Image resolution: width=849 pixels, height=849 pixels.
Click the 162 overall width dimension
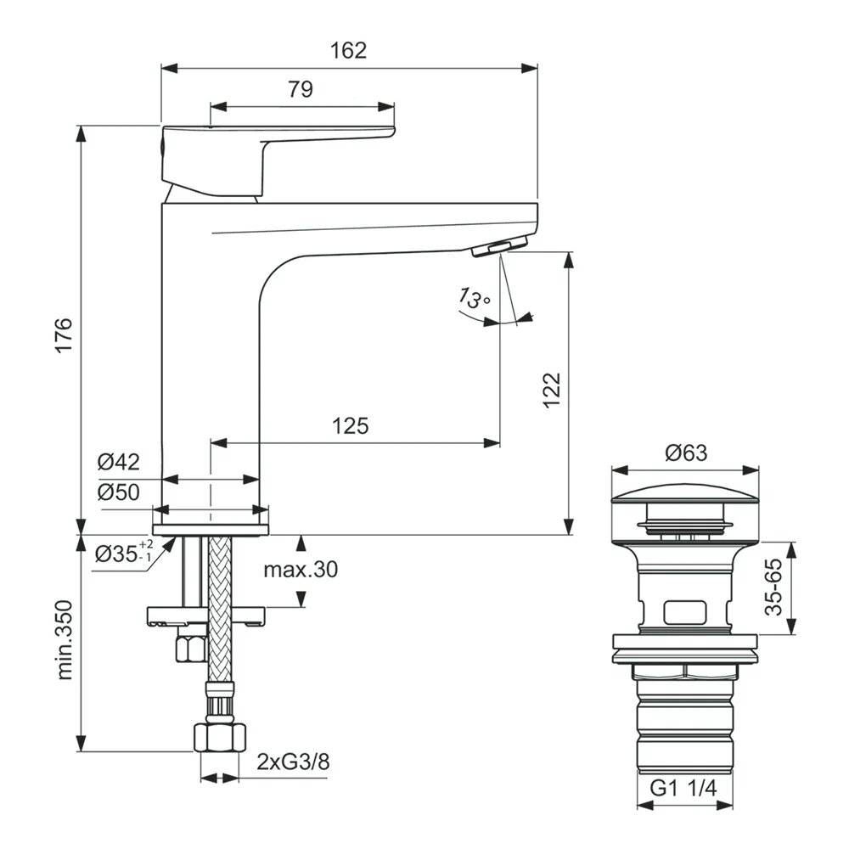pos(349,50)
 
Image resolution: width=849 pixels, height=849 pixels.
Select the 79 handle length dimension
pos(301,89)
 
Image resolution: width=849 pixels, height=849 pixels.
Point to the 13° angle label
pos(474,298)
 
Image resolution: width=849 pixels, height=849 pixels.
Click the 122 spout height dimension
pos(552,391)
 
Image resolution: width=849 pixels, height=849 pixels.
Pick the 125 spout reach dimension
pos(351,425)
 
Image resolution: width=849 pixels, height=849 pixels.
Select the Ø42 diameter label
pos(117,463)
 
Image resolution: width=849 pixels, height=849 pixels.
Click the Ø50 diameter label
pos(117,492)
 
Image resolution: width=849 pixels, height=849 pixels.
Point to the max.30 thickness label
pos(300,570)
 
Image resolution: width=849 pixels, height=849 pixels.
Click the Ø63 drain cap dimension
pos(686,453)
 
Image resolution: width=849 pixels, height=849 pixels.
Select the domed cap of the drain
pos(685,496)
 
